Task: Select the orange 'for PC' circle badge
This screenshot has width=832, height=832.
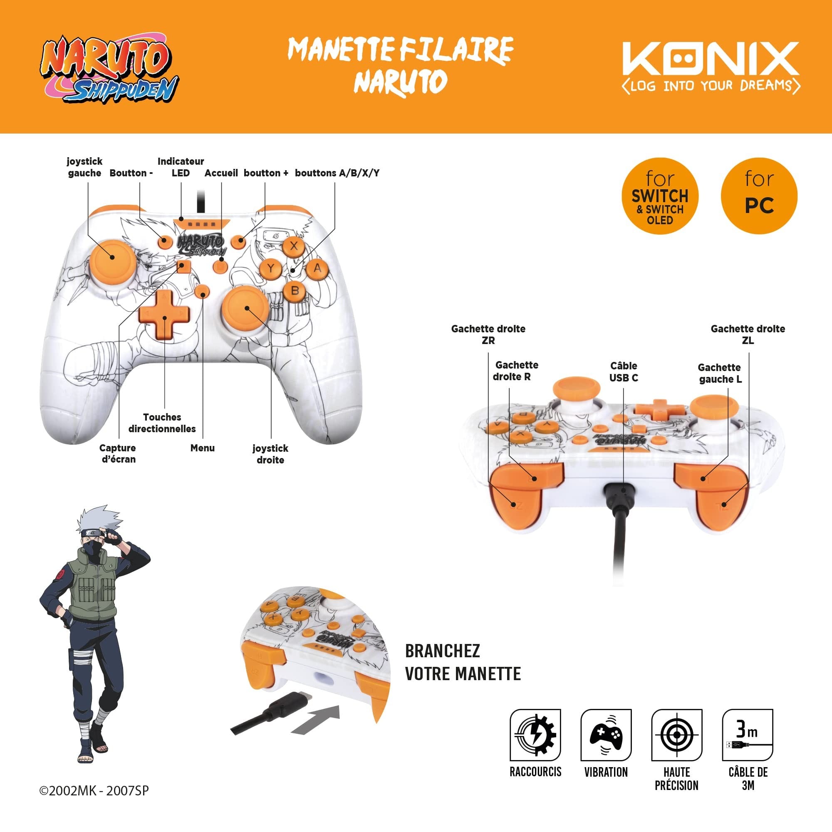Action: [759, 196]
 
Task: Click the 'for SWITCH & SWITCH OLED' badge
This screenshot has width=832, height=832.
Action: [660, 196]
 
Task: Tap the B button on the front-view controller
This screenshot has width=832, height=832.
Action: [295, 290]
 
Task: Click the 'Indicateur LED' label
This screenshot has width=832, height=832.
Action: [181, 167]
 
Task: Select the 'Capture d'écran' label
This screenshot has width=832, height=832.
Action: [119, 453]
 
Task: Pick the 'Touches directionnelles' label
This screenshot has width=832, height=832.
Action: [162, 423]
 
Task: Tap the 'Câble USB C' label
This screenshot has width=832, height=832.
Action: [624, 371]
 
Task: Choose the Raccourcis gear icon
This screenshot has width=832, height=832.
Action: [535, 735]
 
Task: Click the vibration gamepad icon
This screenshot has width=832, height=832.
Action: [606, 735]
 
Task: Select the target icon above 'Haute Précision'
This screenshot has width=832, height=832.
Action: [676, 735]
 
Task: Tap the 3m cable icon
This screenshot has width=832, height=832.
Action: [748, 735]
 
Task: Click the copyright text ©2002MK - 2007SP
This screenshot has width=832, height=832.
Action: [94, 791]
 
